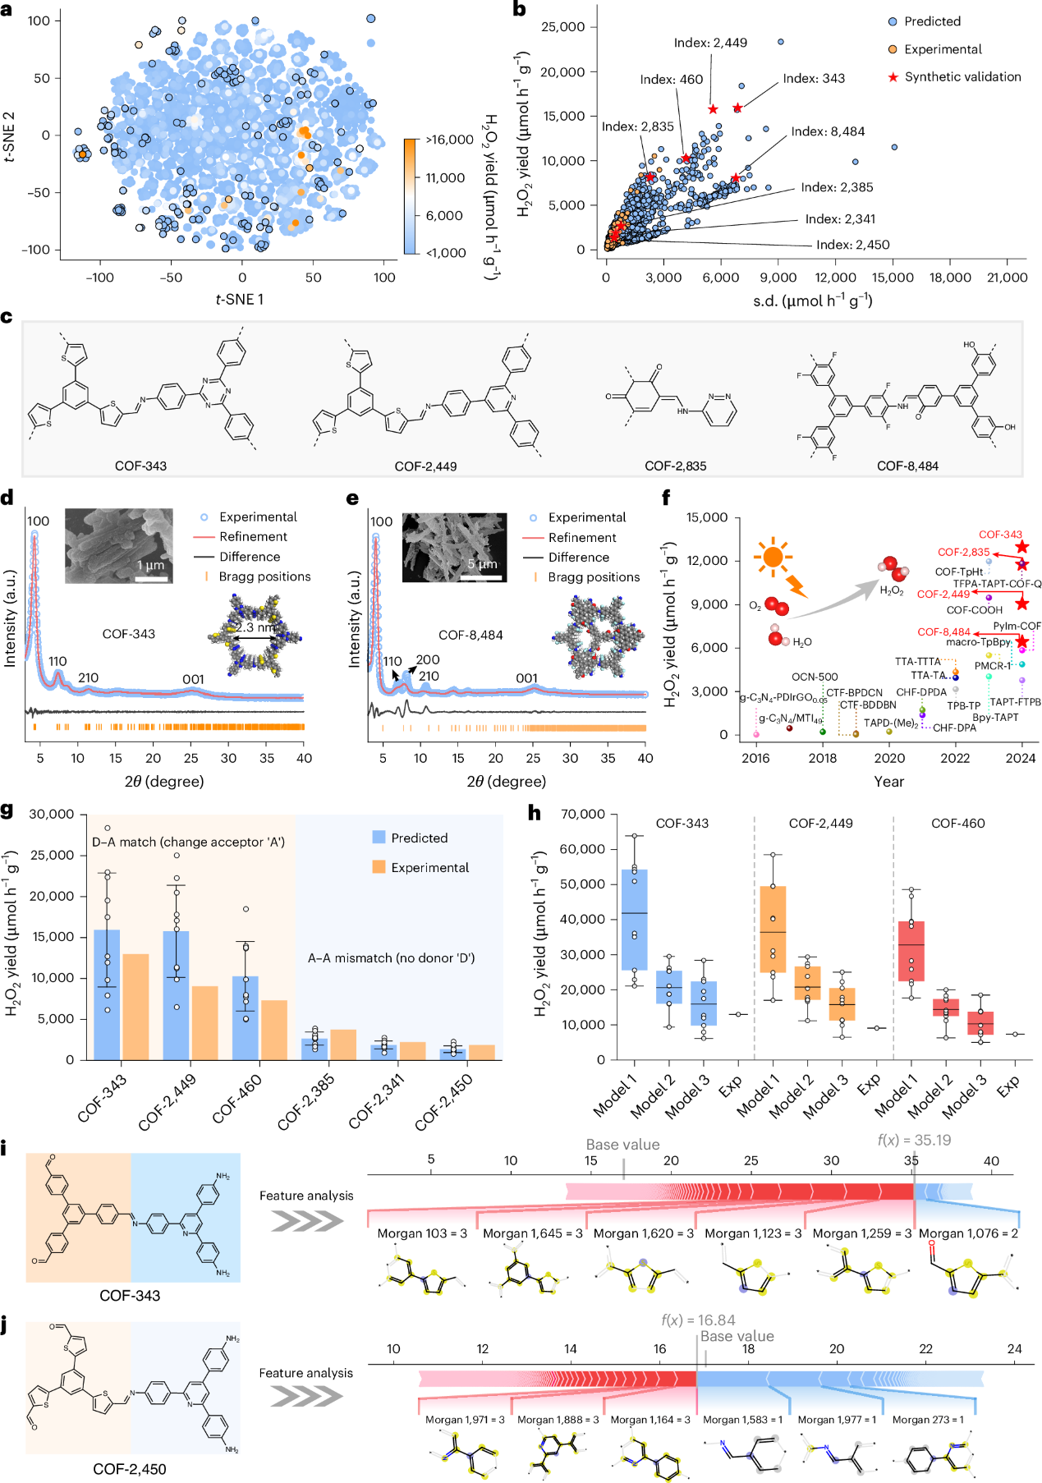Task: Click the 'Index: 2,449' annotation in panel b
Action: click(x=710, y=43)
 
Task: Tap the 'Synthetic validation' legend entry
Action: click(x=962, y=77)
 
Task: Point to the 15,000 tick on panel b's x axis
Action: click(x=893, y=278)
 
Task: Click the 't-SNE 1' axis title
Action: click(x=240, y=300)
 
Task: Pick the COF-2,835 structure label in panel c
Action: click(x=675, y=466)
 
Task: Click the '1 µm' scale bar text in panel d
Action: click(x=151, y=565)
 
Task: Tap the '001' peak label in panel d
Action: click(x=193, y=678)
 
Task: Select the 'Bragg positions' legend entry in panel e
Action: click(x=594, y=577)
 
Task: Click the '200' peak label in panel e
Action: click(x=428, y=659)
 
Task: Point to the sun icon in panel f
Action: click(x=773, y=558)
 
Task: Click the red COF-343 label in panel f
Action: click(x=1000, y=535)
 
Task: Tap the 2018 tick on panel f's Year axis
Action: click(x=823, y=758)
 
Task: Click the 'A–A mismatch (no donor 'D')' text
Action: click(x=391, y=957)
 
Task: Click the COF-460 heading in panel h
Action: click(x=957, y=823)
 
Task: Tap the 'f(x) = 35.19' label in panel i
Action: click(x=914, y=1140)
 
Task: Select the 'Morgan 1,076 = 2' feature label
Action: click(x=968, y=1233)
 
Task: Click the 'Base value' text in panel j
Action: click(x=737, y=1336)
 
